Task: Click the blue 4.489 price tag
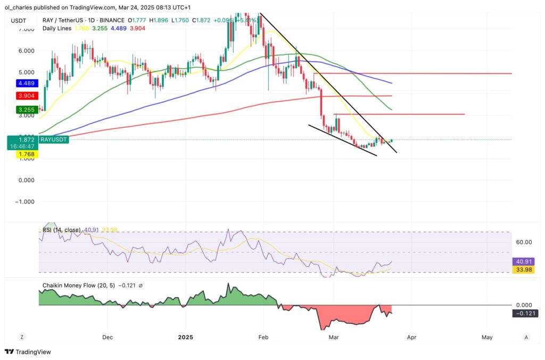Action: click(18, 83)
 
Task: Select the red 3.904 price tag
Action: click(18, 96)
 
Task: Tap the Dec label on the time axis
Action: click(107, 337)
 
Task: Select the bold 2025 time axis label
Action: click(186, 337)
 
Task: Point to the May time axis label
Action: click(486, 337)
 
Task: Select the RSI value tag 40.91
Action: click(523, 262)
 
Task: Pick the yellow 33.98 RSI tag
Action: click(523, 269)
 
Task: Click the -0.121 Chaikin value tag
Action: click(523, 313)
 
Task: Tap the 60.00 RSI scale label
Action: click(524, 242)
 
